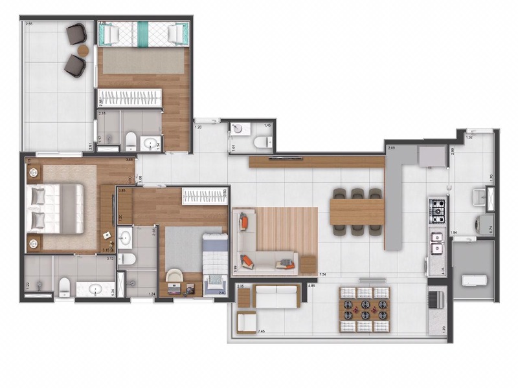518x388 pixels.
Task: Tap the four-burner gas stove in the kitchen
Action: click(x=437, y=209)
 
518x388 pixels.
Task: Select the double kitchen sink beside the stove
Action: click(x=436, y=242)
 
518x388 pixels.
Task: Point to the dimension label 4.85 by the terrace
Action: click(x=311, y=285)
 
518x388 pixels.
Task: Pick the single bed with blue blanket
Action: click(x=214, y=262)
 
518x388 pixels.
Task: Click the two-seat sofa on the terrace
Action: click(x=277, y=297)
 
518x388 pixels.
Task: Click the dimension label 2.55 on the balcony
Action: click(x=29, y=23)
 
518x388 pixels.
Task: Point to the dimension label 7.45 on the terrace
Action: click(x=261, y=332)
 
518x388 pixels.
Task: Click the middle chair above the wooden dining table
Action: click(x=357, y=193)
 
